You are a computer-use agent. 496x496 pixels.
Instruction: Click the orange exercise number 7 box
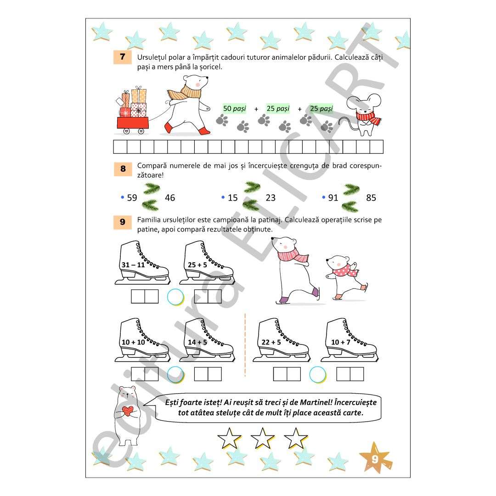(x=123, y=57)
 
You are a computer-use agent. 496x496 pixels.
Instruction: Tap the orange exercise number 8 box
(x=123, y=169)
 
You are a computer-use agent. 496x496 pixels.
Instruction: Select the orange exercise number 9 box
(x=123, y=222)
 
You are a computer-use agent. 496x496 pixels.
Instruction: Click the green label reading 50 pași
(x=234, y=108)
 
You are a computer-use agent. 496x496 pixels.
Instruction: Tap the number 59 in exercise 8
(x=132, y=197)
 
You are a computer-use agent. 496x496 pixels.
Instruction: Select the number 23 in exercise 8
(x=271, y=197)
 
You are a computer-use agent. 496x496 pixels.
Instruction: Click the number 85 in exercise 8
(x=371, y=197)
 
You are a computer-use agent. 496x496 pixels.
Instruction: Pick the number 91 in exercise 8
(x=333, y=197)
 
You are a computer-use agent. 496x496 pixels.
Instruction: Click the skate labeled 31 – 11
(x=142, y=263)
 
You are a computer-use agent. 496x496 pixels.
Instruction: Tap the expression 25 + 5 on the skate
(x=197, y=265)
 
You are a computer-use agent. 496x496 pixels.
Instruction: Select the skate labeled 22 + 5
(x=282, y=340)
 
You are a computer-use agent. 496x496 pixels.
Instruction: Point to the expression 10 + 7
(x=341, y=342)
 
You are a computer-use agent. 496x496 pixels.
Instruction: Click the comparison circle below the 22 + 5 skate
(x=318, y=375)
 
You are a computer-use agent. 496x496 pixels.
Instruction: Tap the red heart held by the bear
(x=128, y=411)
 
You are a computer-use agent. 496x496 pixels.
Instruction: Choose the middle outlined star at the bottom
(x=262, y=439)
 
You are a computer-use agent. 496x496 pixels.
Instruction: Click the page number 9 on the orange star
(x=375, y=459)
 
